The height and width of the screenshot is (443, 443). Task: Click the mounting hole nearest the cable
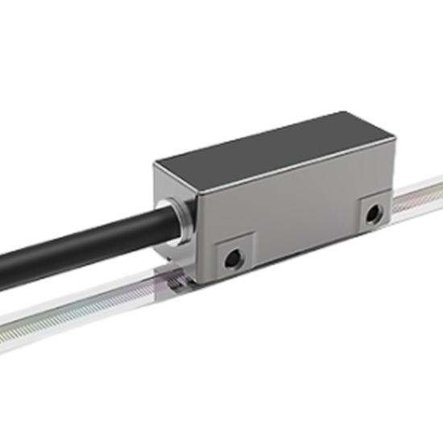pos(233,259)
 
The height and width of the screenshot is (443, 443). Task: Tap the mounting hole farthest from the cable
pos(371,214)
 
